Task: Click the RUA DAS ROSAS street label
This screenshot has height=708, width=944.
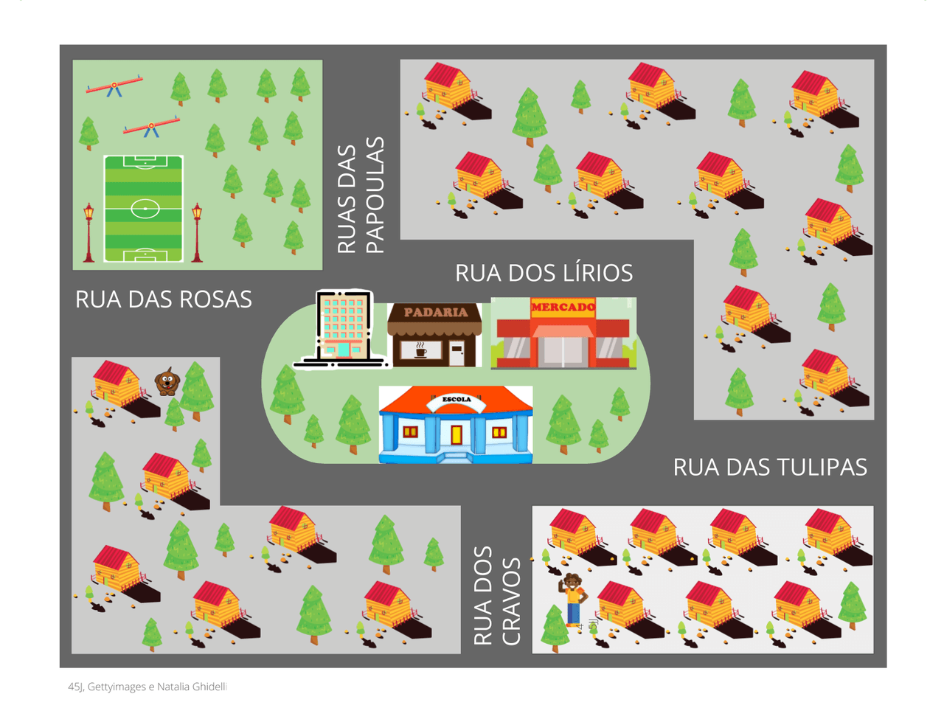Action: click(164, 299)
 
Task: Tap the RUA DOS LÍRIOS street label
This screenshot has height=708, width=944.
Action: click(544, 273)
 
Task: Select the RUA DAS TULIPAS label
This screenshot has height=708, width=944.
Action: click(770, 468)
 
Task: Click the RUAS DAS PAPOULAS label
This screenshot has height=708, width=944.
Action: click(361, 195)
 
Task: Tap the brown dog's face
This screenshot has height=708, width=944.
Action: click(167, 381)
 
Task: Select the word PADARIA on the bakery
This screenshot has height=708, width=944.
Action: click(435, 313)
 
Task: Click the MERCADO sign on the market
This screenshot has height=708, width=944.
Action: click(563, 307)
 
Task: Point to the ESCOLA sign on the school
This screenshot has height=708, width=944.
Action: click(457, 400)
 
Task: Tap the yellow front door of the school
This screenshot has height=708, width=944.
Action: click(457, 434)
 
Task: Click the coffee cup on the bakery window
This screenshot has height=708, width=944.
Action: click(421, 351)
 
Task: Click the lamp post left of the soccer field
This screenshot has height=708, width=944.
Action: click(88, 232)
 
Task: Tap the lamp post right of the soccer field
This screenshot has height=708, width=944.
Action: click(197, 232)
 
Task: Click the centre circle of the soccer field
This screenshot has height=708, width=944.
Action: click(145, 209)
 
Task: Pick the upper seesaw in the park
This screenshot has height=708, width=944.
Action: click(114, 86)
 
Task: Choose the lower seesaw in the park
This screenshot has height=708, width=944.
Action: click(151, 128)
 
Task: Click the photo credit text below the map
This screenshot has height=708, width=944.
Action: click(147, 687)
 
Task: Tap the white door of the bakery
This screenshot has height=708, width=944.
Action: click(457, 353)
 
